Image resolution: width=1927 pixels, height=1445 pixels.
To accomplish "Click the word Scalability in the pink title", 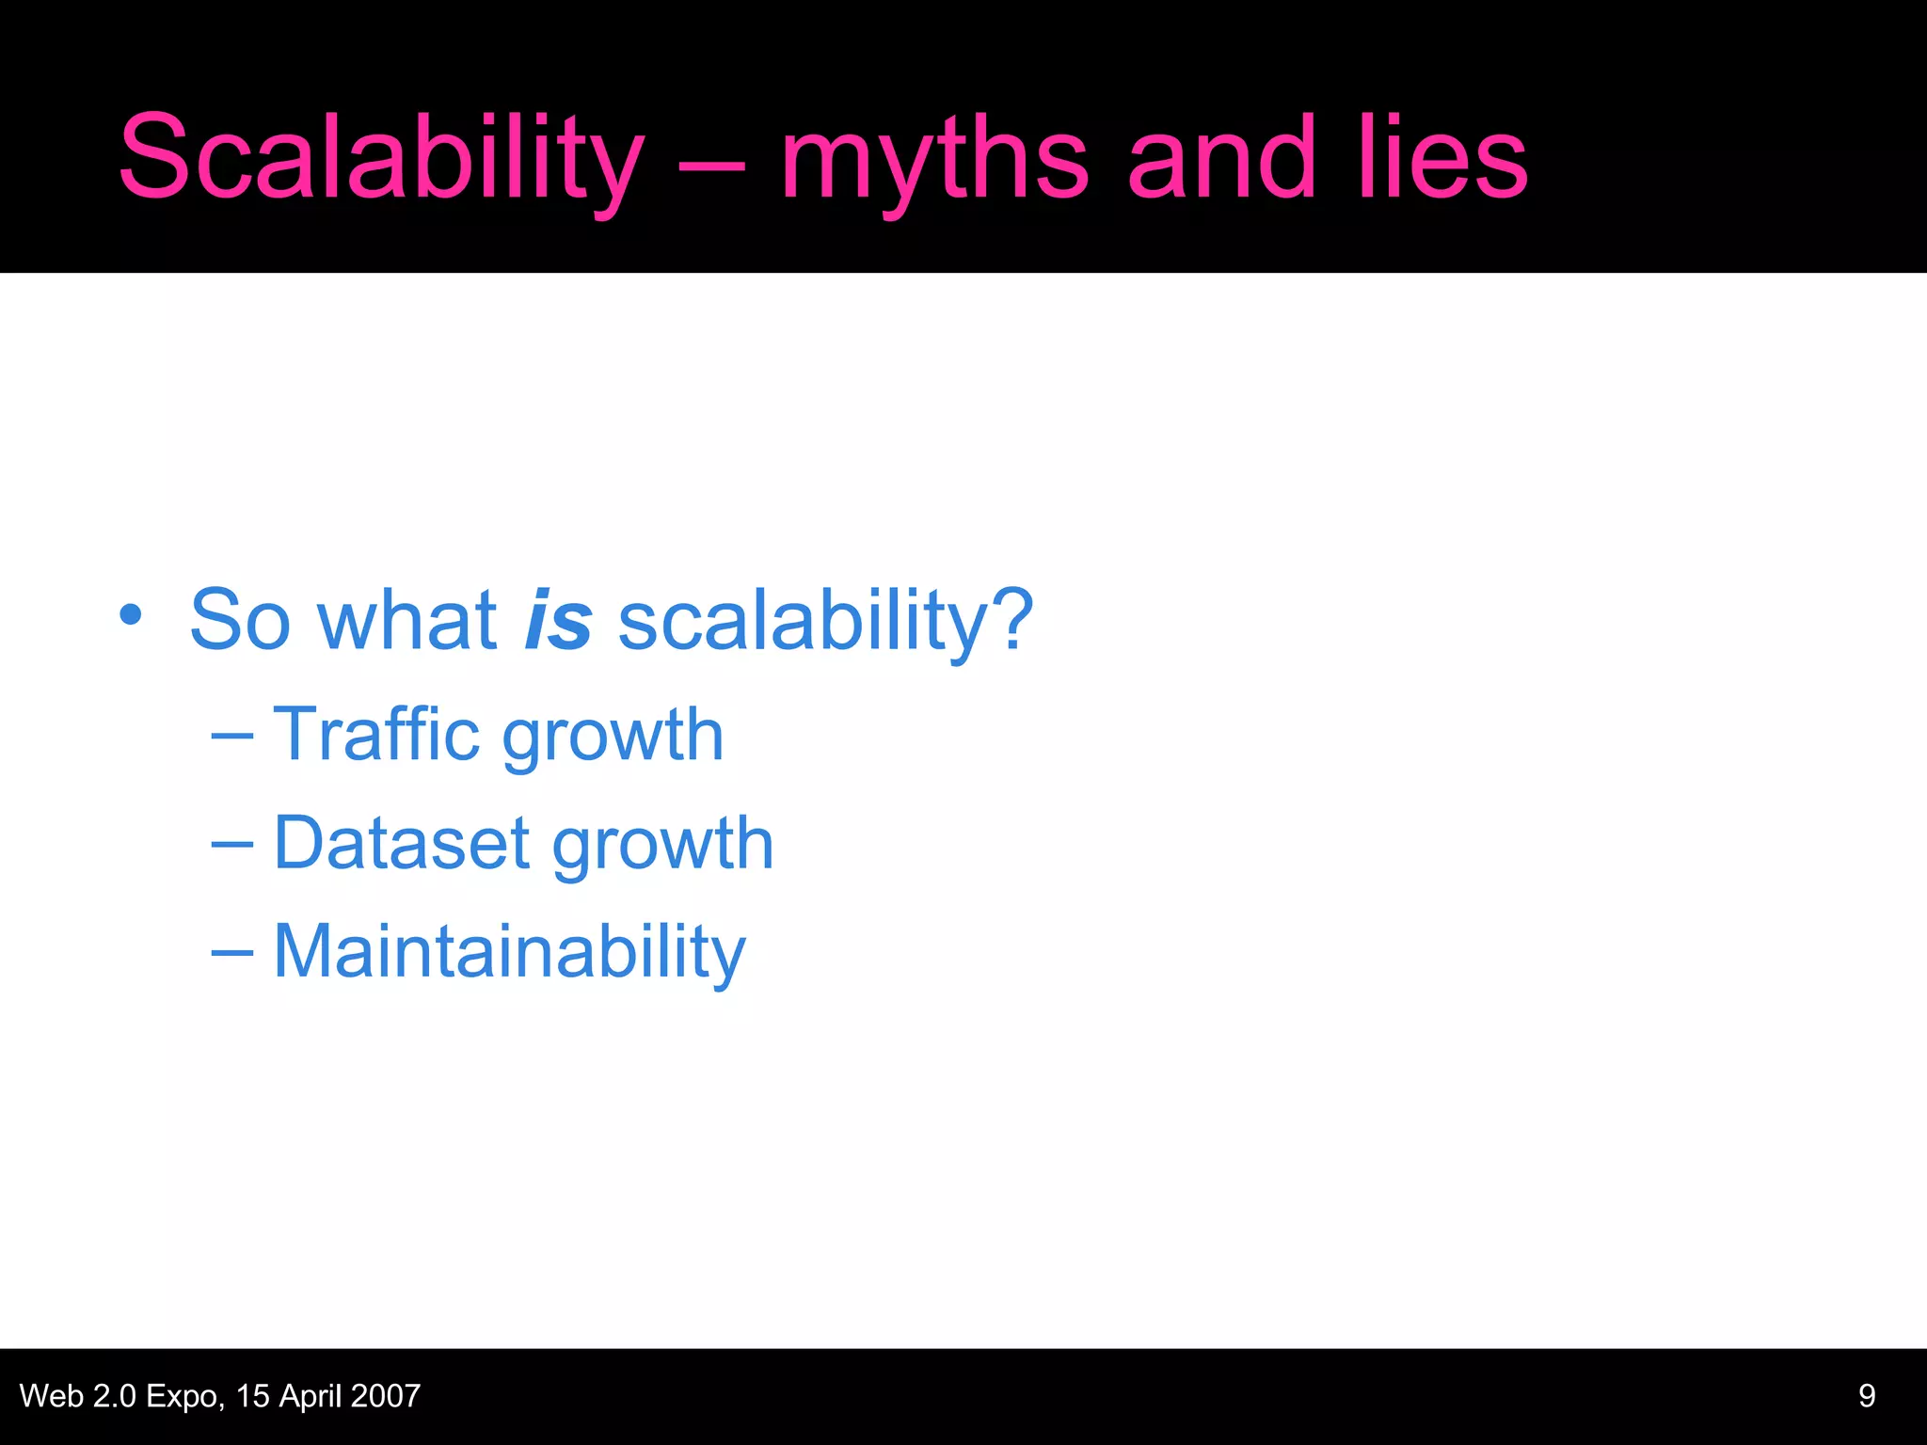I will [381, 158].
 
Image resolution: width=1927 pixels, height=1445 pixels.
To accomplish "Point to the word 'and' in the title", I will [1221, 158].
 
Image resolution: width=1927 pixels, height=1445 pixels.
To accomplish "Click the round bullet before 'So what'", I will [131, 616].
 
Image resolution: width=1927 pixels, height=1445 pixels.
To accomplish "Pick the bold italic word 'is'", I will [558, 620].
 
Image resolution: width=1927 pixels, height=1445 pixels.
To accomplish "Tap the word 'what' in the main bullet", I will [407, 620].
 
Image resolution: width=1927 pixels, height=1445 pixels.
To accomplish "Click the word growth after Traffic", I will [613, 738].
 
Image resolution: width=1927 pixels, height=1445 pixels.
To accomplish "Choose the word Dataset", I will [401, 843].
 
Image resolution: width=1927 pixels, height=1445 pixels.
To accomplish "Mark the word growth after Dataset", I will [663, 847].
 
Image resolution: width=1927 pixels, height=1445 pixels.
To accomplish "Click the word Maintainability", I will [509, 952].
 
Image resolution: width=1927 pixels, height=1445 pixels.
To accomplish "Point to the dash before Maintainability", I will [231, 953].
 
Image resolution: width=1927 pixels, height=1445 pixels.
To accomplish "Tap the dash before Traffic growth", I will [231, 737].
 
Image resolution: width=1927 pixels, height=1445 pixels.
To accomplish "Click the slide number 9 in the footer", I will [1867, 1395].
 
